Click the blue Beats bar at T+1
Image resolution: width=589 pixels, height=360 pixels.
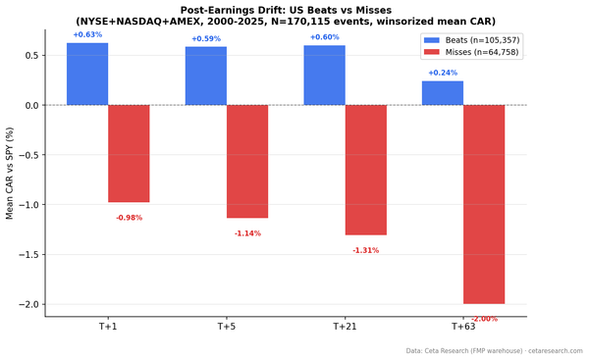pos(87,74)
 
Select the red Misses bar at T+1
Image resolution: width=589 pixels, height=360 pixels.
pos(129,153)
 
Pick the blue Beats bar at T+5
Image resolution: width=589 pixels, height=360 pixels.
pos(206,76)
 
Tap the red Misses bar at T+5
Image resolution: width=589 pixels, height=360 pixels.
pos(247,161)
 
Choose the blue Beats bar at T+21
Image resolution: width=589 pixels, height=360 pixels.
pos(324,76)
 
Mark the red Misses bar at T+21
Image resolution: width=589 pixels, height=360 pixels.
pos(365,170)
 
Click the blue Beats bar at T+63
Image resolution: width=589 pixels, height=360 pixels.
pos(443,93)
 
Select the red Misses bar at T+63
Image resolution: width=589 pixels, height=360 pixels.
pos(484,204)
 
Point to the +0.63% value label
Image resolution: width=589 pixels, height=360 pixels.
pos(87,35)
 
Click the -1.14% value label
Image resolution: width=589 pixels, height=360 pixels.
pos(247,233)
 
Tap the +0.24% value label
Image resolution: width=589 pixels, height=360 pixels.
pos(443,74)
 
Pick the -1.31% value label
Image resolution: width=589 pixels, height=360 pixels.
pos(365,250)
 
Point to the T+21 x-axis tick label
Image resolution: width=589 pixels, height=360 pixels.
pos(345,327)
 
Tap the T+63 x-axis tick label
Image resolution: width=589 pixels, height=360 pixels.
pos(463,327)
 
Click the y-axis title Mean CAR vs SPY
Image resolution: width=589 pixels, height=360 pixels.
pos(10,173)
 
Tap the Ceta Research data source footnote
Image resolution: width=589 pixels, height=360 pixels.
pos(494,350)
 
